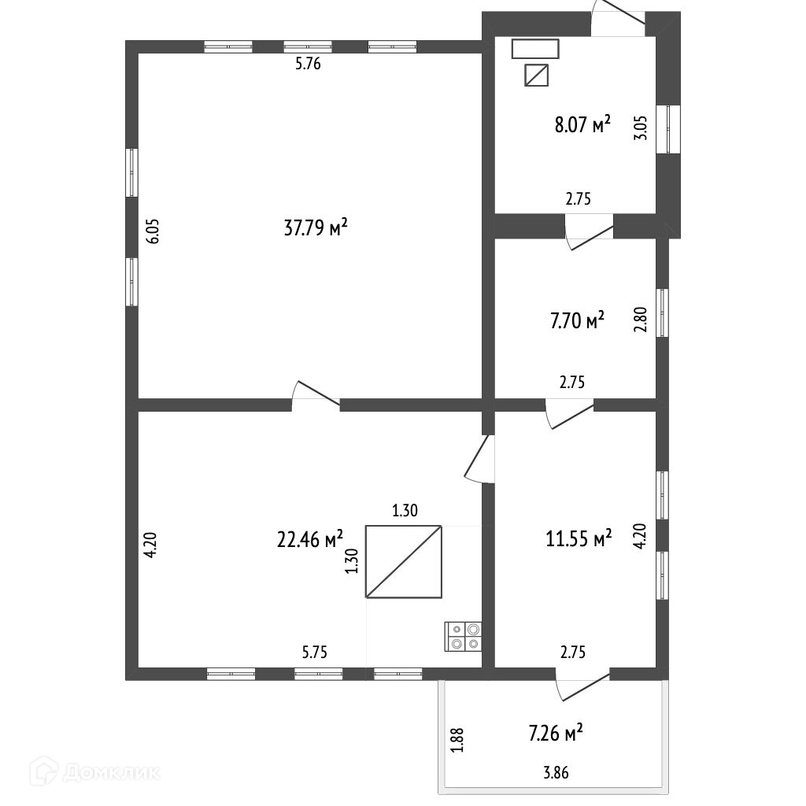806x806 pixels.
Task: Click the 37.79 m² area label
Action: coord(315,228)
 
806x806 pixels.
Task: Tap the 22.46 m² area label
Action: coord(310,539)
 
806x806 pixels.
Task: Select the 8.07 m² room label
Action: coord(583,125)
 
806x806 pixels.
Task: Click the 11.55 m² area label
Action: coord(579,539)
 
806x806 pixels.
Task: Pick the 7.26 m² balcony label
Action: coord(556,734)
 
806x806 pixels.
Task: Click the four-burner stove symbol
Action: coord(464,636)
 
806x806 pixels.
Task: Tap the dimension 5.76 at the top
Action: coord(308,65)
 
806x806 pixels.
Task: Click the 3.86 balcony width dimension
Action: coord(556,773)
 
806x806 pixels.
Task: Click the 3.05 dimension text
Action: coord(641,128)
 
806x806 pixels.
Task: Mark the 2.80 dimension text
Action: coord(641,320)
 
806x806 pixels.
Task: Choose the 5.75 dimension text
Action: coord(315,652)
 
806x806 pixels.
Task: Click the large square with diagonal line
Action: coord(403,561)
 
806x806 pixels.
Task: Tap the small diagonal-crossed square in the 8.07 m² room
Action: coord(537,76)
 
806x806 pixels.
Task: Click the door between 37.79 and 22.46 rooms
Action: coord(316,396)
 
